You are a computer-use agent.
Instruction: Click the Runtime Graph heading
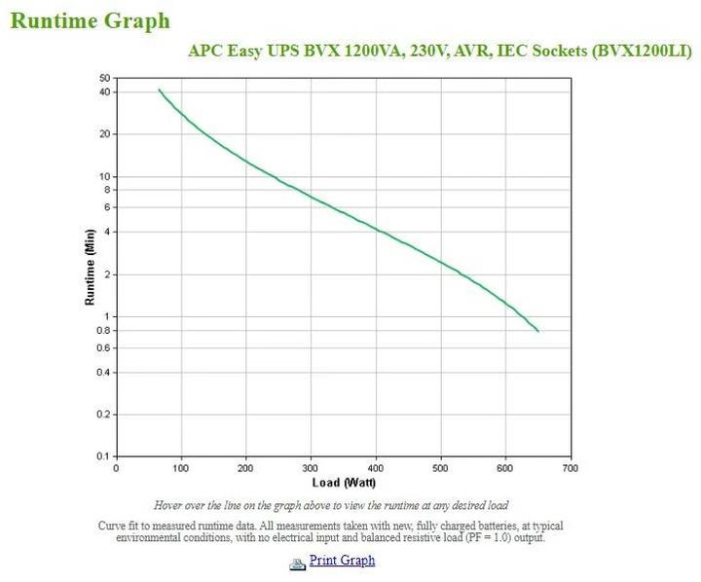click(90, 20)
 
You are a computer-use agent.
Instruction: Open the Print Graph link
click(342, 560)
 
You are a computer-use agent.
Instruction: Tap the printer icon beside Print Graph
click(298, 563)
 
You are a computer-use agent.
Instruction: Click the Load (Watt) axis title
click(344, 483)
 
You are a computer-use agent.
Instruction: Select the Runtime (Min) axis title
click(90, 267)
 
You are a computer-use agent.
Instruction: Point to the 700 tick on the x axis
click(571, 467)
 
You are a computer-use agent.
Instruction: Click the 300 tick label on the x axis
click(311, 467)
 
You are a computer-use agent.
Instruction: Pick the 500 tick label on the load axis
click(440, 467)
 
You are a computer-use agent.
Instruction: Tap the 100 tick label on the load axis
click(180, 467)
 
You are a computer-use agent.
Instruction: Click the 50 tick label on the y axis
click(105, 78)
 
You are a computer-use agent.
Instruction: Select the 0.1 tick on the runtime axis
click(103, 456)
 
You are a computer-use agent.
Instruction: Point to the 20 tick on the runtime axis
click(105, 134)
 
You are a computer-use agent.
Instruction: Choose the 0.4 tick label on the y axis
click(103, 372)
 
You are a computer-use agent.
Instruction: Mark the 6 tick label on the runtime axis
click(107, 207)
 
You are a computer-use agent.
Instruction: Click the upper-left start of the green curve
click(160, 90)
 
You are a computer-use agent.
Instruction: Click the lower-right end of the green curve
click(537, 331)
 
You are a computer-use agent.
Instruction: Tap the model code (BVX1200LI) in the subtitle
click(642, 52)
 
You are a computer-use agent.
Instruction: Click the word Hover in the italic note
click(171, 505)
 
